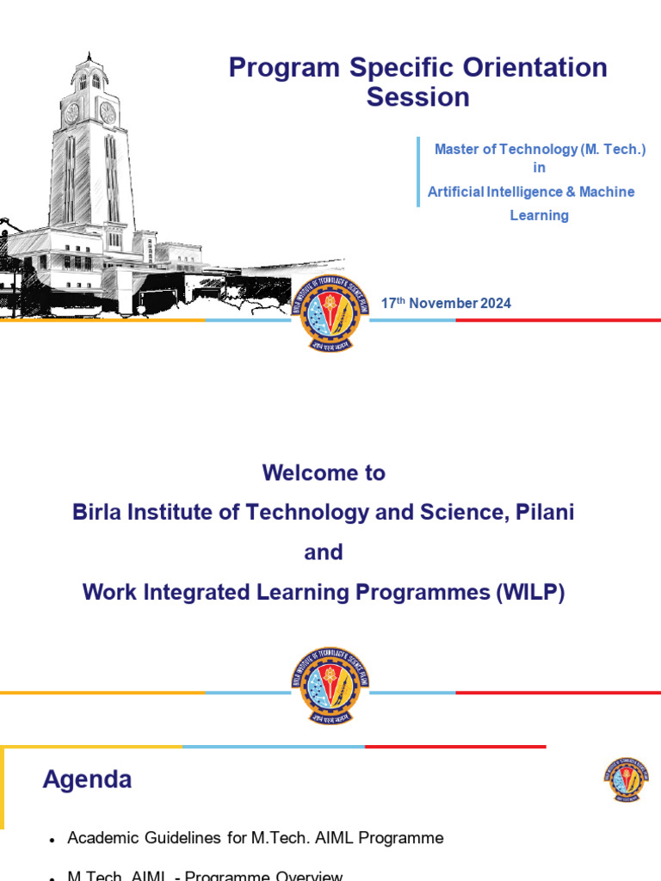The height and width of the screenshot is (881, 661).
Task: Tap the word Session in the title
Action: (417, 97)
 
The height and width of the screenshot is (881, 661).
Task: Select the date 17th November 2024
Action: (446, 303)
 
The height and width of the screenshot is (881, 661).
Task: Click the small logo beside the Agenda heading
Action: (626, 780)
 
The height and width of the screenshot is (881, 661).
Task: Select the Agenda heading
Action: (87, 780)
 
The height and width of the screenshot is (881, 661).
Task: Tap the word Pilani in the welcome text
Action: (542, 512)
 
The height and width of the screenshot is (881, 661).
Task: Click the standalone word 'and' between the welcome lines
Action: (324, 552)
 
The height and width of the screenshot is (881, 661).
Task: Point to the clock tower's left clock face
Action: (72, 112)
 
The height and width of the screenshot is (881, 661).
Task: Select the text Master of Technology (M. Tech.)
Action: (540, 149)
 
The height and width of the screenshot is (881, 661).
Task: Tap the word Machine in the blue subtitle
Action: (607, 191)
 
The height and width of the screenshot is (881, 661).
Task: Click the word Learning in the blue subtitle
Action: (539, 215)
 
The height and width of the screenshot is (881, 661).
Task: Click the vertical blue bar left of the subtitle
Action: (418, 171)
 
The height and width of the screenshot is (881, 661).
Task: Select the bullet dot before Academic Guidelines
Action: (53, 839)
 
